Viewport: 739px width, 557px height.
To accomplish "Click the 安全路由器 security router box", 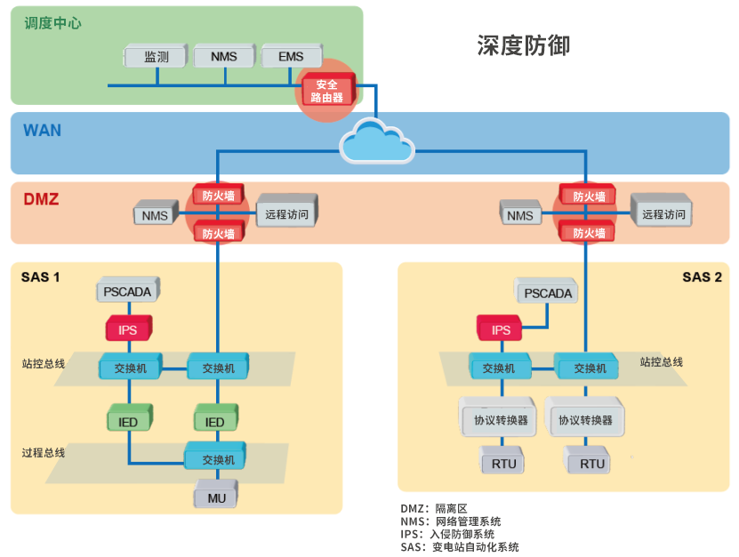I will (326, 91).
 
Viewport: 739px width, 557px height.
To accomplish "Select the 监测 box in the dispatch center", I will (157, 58).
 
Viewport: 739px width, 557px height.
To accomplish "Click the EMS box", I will (291, 58).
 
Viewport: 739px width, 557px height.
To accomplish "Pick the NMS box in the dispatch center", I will (223, 58).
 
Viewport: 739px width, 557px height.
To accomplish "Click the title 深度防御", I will (523, 44).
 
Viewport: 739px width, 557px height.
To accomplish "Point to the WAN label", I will (42, 131).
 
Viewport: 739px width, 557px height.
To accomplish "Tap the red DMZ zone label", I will (41, 199).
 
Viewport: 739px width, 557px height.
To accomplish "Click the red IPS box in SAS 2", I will (502, 330).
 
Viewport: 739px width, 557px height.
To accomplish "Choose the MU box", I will (217, 497).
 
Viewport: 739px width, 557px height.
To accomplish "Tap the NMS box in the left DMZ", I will (156, 215).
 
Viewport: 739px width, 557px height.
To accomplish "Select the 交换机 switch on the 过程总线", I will (217, 460).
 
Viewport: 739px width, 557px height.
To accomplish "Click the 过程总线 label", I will (44, 453).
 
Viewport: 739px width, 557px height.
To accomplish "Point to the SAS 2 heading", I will (702, 277).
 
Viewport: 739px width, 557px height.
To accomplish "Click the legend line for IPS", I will (447, 534).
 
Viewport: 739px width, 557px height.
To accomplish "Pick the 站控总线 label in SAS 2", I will (662, 362).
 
